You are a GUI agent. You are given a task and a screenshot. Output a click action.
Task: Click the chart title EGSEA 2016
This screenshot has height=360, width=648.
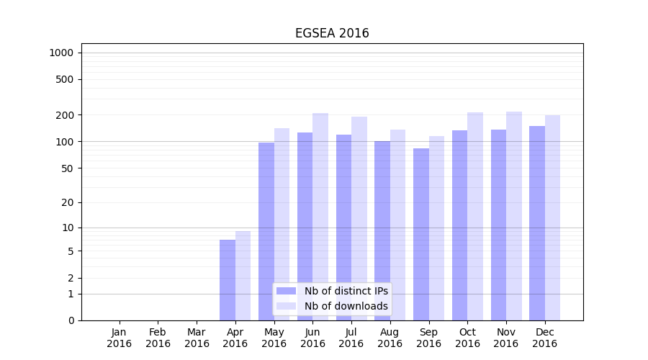pos(332,34)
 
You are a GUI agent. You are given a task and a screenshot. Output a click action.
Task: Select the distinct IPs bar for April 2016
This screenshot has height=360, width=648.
pos(228,280)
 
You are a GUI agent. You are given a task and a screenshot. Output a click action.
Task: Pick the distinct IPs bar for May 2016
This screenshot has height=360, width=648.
pos(266,230)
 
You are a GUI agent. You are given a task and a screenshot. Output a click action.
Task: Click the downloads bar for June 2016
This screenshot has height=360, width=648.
pos(320,216)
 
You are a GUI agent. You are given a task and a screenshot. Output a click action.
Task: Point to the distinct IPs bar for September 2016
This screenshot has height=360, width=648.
pos(421,234)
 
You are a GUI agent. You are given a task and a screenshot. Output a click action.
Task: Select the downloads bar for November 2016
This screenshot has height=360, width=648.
pos(514,216)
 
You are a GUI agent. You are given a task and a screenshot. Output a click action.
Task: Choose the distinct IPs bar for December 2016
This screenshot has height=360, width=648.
pos(537,223)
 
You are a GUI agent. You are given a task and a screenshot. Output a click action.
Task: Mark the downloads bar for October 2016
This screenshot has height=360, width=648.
pos(475,216)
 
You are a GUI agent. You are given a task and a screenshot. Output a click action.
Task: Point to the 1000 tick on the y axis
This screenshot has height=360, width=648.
pos(61,53)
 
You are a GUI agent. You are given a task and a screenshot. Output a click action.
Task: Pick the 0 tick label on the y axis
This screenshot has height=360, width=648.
pos(71,320)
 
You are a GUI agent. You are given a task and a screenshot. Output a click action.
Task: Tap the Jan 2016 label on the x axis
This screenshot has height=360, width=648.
pos(120,338)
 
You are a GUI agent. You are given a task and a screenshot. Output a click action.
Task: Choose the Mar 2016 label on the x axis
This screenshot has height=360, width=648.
pos(197,338)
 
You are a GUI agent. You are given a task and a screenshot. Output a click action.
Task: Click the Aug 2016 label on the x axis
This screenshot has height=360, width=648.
pos(390,338)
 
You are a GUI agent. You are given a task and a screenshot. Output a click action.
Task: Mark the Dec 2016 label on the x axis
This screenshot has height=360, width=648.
pos(545,338)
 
